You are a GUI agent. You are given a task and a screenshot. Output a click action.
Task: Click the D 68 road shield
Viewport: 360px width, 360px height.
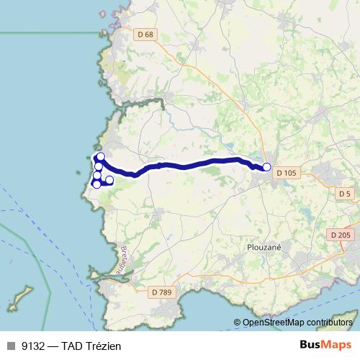click(x=146, y=35)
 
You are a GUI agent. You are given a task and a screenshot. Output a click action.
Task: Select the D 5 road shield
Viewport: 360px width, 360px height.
click(x=345, y=193)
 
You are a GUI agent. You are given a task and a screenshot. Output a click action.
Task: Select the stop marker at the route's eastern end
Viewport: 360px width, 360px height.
click(x=266, y=167)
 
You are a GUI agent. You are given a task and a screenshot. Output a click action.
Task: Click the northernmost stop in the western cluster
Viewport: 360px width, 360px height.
click(x=101, y=156)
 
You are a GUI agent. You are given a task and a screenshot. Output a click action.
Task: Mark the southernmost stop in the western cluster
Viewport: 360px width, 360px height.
click(x=97, y=184)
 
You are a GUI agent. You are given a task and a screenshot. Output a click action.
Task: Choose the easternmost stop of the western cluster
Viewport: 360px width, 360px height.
click(x=109, y=179)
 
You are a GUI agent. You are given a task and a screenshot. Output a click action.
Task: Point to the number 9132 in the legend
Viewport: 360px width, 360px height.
click(x=31, y=346)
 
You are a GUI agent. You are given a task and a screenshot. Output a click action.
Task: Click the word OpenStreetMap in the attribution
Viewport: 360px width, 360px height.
click(x=270, y=323)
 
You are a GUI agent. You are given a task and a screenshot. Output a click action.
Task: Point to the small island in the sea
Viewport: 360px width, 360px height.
click(x=22, y=295)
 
